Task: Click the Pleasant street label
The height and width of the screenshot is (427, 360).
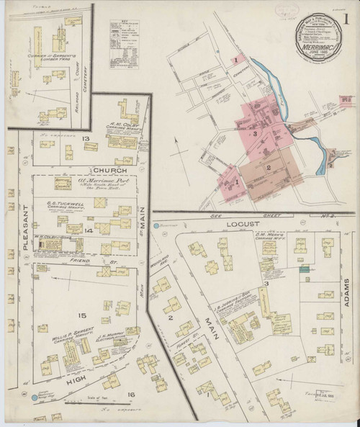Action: click(24, 234)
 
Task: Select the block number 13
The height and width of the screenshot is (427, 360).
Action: click(85, 138)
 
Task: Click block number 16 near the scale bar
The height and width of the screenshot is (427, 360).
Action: click(131, 395)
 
